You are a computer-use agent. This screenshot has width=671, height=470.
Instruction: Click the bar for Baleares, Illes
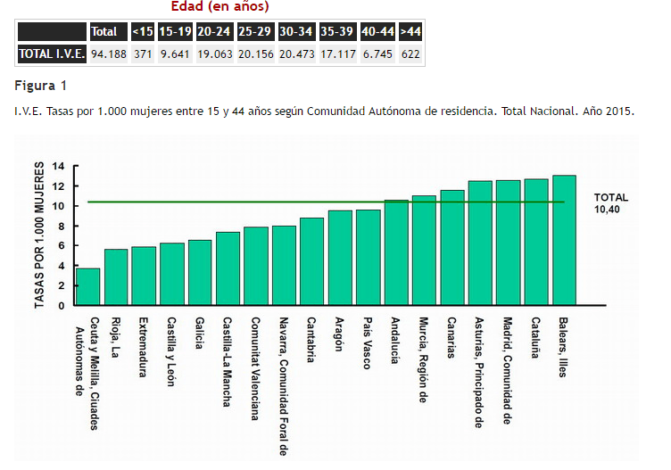point(564,241)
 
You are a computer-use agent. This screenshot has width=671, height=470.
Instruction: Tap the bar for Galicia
point(200,272)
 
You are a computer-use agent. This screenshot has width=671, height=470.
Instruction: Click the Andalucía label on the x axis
point(394,341)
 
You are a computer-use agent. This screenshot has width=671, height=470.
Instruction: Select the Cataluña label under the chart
point(535,339)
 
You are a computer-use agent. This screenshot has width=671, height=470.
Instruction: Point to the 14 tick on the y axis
point(59,167)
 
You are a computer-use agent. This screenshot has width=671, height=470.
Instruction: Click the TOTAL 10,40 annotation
point(611,202)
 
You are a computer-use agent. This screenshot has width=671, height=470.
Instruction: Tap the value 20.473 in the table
point(295,54)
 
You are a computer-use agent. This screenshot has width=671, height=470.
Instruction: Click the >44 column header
point(410,32)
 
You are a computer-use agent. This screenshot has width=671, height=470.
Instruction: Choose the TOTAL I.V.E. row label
point(52,54)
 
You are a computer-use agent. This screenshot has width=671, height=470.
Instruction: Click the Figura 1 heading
point(40,87)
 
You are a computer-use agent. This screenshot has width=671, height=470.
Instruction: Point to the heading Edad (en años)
point(220,7)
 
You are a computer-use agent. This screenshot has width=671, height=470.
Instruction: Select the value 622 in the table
point(410,54)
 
